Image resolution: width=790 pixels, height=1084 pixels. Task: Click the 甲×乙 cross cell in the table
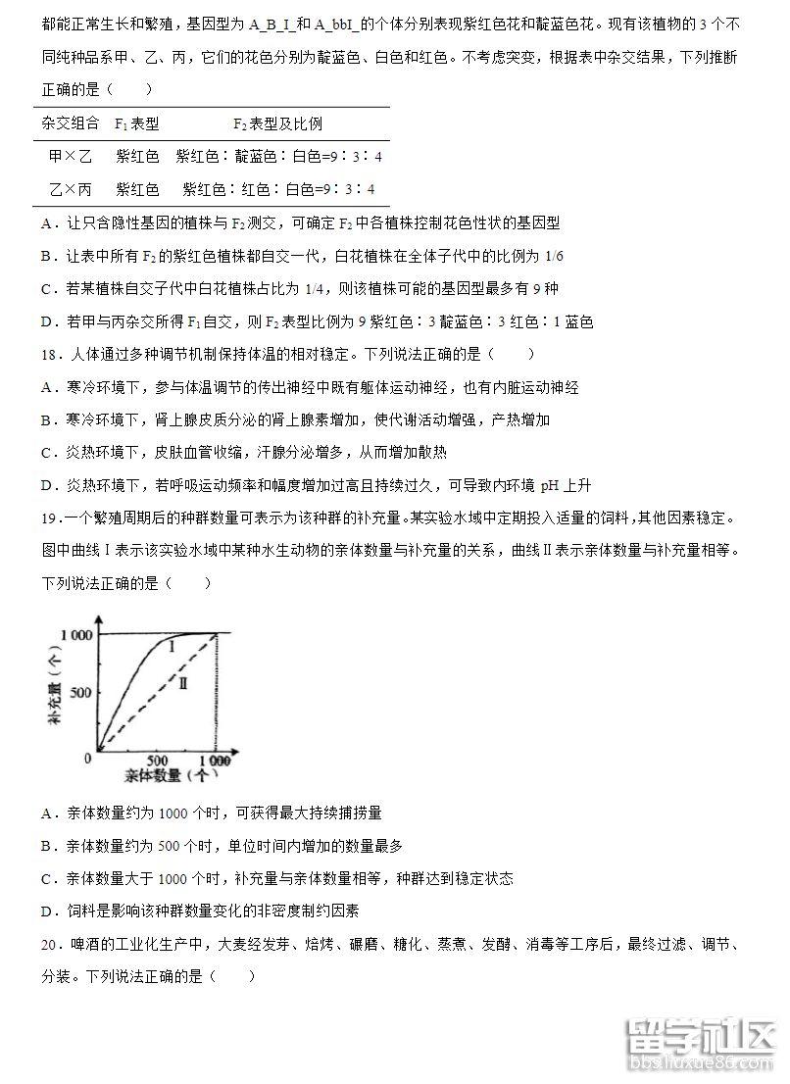[70, 156]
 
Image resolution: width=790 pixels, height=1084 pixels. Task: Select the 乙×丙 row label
[70, 189]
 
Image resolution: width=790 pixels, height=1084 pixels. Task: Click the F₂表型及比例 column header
[277, 123]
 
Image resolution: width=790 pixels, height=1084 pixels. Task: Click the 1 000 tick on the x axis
[215, 761]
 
